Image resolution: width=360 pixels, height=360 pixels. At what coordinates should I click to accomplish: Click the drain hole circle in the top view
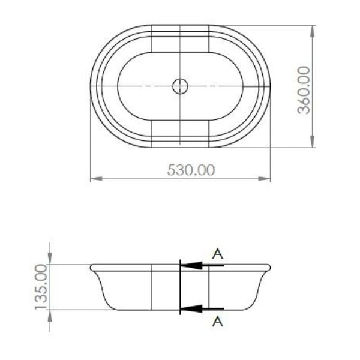point(180,86)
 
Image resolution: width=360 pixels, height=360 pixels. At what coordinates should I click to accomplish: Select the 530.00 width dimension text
point(191,170)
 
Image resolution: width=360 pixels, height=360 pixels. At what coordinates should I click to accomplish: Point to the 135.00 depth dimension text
point(41,286)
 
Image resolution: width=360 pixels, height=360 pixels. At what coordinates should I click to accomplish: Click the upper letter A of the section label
point(218,254)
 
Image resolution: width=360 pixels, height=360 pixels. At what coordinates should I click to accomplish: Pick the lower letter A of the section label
point(218,322)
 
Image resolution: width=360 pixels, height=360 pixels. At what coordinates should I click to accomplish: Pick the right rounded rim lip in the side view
point(268,268)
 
